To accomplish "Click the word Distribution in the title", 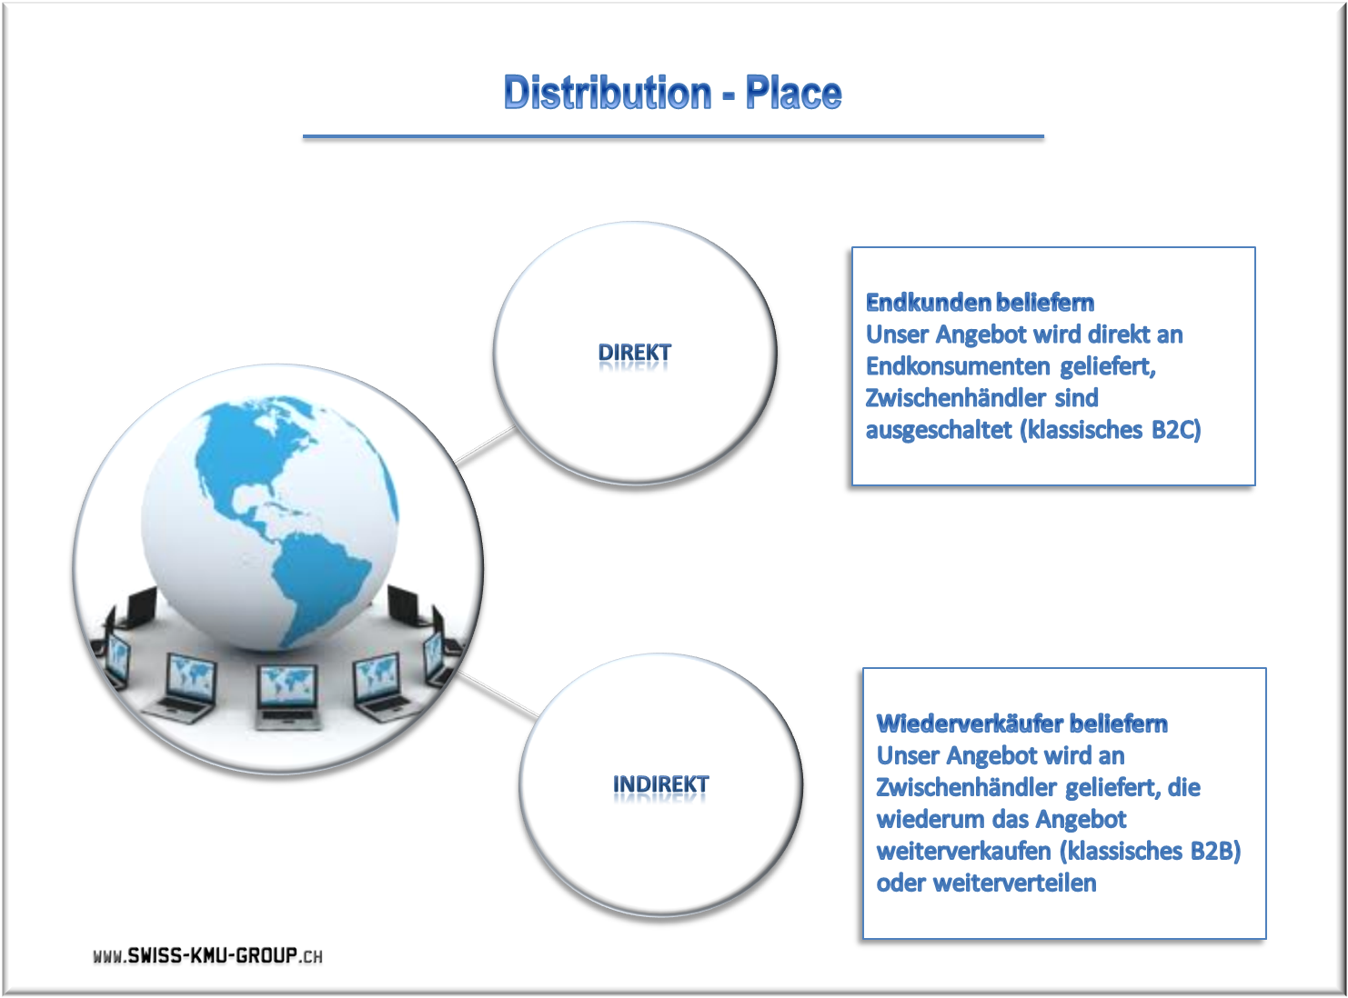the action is (608, 93).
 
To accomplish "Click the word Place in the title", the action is (793, 93).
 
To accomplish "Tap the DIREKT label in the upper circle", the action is (635, 353).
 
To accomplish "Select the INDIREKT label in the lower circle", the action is (660, 784).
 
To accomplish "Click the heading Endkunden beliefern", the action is (980, 303).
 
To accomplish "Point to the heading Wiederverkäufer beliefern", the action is (1021, 724).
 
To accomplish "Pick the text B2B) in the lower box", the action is (1215, 851).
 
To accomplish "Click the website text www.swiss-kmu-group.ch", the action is (208, 955).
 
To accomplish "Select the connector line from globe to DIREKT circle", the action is (485, 445).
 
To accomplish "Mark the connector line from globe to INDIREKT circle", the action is (498, 694).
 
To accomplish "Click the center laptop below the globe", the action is (287, 695).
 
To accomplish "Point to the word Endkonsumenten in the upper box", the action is (958, 366).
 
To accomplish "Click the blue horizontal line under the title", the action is (673, 136).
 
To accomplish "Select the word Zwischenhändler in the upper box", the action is (955, 398).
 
